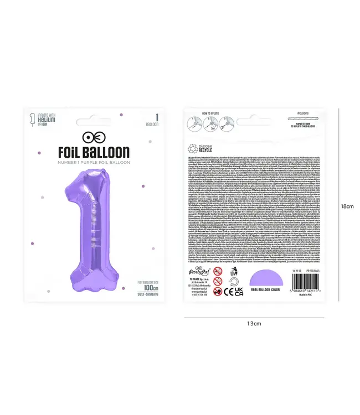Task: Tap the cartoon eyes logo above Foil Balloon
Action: [94, 136]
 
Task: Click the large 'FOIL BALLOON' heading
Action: [94, 152]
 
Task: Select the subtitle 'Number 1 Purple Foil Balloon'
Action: [94, 162]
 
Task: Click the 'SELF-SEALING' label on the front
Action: [148, 295]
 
